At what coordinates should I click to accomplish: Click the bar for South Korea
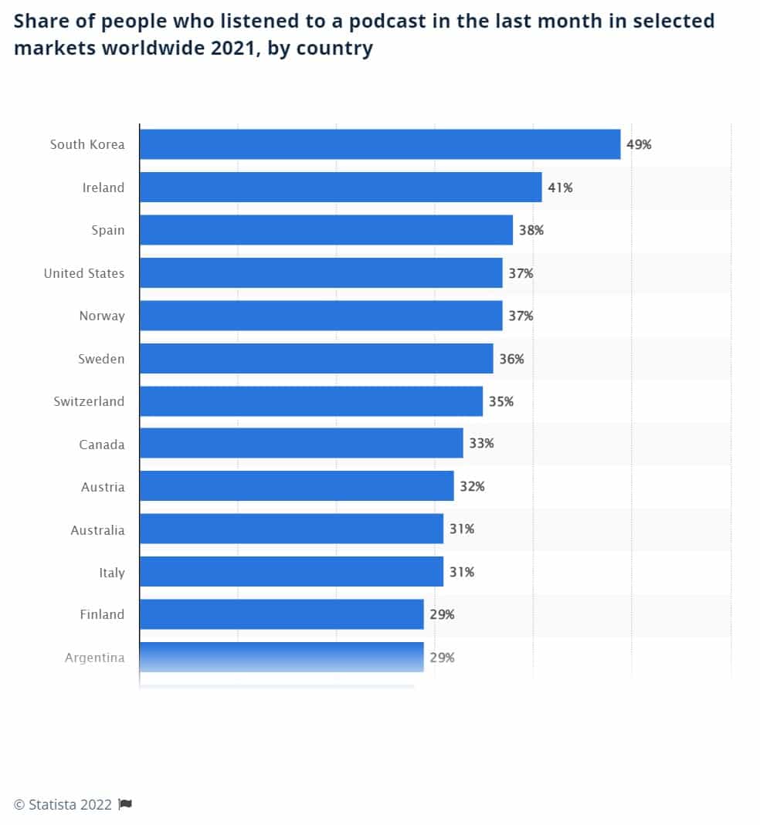click(379, 144)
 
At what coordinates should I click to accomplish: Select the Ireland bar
click(341, 188)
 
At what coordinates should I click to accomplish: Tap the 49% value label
click(639, 144)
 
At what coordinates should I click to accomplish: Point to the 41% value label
click(560, 188)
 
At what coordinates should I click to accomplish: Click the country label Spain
click(107, 230)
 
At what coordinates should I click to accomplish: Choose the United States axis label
click(83, 273)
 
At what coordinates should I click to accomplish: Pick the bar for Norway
click(321, 316)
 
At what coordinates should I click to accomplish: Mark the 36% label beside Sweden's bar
click(511, 359)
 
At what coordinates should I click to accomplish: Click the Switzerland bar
click(310, 401)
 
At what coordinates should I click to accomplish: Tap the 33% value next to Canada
click(481, 444)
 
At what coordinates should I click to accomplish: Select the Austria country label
click(102, 487)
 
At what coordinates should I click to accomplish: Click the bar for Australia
click(291, 529)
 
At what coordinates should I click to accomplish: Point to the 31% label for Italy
click(462, 572)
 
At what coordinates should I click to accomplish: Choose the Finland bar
click(281, 614)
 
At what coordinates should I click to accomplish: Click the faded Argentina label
click(94, 658)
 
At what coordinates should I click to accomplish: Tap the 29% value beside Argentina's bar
click(442, 658)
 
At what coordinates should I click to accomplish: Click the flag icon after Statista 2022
click(125, 805)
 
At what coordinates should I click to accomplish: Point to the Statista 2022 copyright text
click(63, 805)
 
